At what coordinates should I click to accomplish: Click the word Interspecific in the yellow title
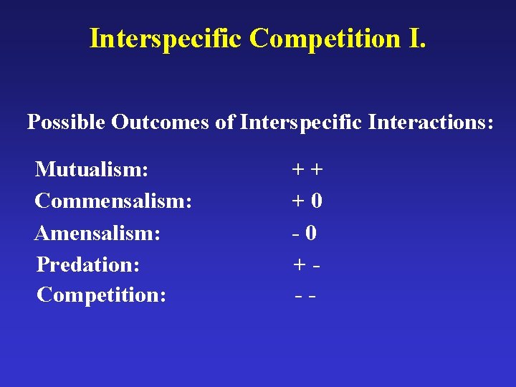166,38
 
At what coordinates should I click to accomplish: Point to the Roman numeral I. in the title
416,38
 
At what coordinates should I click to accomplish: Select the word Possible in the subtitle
67,123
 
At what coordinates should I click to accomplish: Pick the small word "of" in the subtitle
225,123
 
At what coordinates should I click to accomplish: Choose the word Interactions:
431,123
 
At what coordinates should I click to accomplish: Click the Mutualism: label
92,170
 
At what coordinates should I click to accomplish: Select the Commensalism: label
113,201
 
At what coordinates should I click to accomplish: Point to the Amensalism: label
97,233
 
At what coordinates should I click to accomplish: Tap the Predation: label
88,264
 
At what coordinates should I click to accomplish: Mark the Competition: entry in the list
102,295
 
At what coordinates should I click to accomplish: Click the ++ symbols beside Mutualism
307,170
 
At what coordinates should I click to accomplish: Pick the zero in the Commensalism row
316,201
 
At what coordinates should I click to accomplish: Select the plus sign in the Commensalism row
297,201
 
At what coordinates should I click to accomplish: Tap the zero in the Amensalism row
311,233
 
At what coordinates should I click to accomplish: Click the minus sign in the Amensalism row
295,234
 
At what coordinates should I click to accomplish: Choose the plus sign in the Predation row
300,264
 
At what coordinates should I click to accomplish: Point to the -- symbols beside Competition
306,295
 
